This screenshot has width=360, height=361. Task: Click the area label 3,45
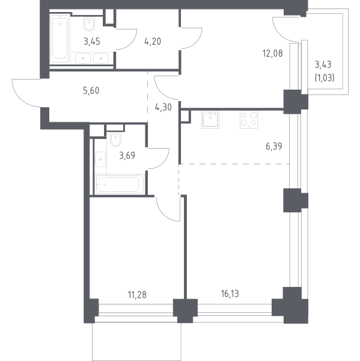[92, 42]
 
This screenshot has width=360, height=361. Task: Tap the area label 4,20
[153, 42]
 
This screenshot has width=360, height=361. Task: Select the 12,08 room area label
[273, 54]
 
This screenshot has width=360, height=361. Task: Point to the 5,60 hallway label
[91, 91]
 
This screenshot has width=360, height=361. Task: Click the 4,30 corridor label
[163, 107]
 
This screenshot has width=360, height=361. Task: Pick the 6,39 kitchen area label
[273, 146]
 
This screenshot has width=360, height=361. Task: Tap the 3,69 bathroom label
[127, 156]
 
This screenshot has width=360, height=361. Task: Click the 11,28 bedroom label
[137, 295]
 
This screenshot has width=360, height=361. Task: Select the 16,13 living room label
[230, 294]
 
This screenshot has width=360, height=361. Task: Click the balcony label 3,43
[323, 65]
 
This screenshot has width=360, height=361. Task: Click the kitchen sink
[210, 120]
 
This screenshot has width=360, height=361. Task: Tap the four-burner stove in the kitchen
[249, 120]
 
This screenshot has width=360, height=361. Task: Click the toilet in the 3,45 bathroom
[89, 24]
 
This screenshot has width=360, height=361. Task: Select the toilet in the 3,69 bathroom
[116, 140]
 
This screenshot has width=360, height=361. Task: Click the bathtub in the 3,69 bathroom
[119, 184]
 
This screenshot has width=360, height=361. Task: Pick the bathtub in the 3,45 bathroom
[60, 39]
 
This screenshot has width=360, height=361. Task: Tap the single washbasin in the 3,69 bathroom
[100, 159]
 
